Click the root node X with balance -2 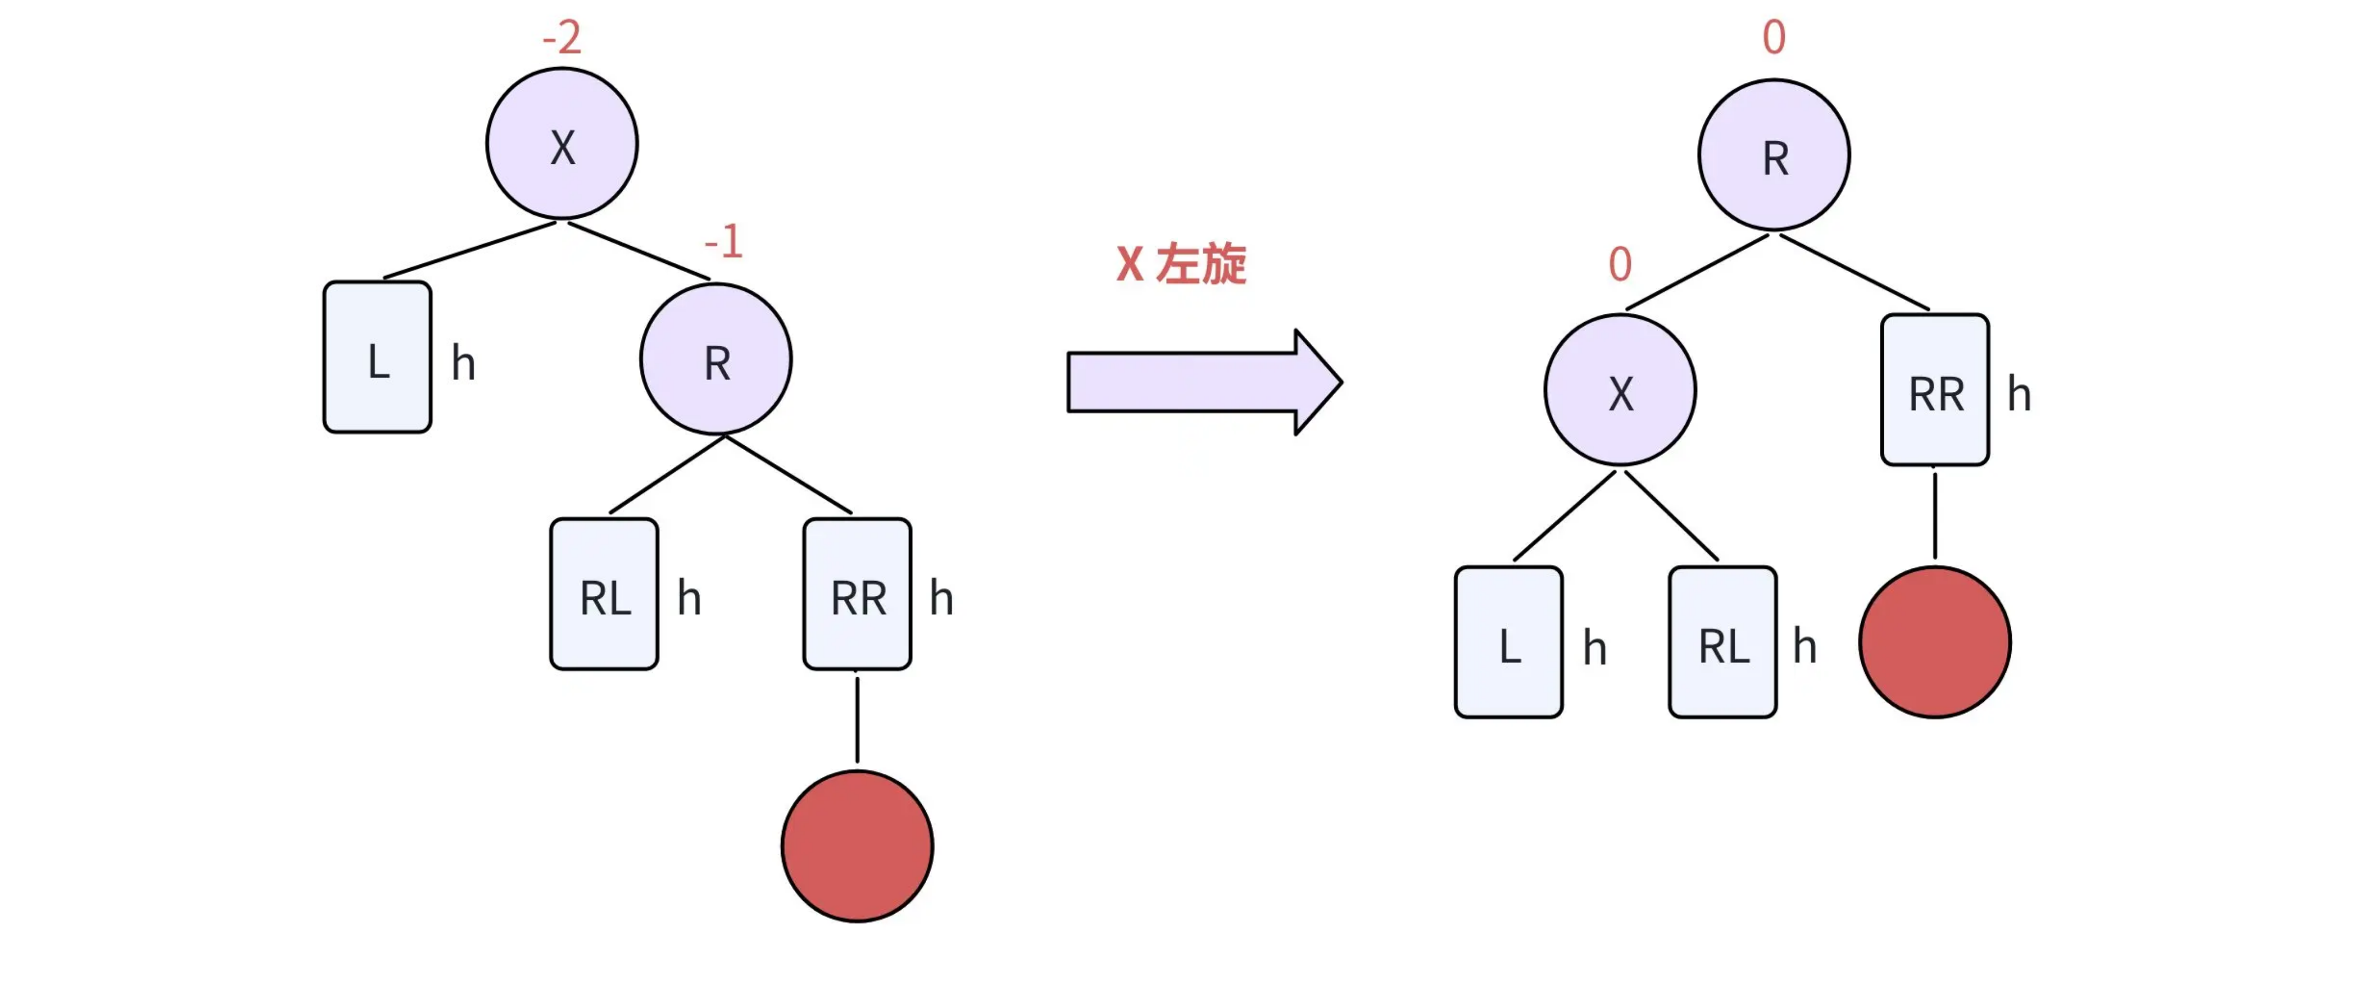[562, 143]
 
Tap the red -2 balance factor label [562, 37]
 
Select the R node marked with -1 [716, 358]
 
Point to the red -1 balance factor [723, 241]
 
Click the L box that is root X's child [377, 357]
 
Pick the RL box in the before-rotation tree [604, 594]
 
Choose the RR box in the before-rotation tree [857, 594]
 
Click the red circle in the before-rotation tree [857, 845]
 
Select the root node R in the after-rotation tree [1774, 154]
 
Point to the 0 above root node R [1774, 37]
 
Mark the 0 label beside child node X [1619, 264]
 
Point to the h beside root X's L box [463, 363]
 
